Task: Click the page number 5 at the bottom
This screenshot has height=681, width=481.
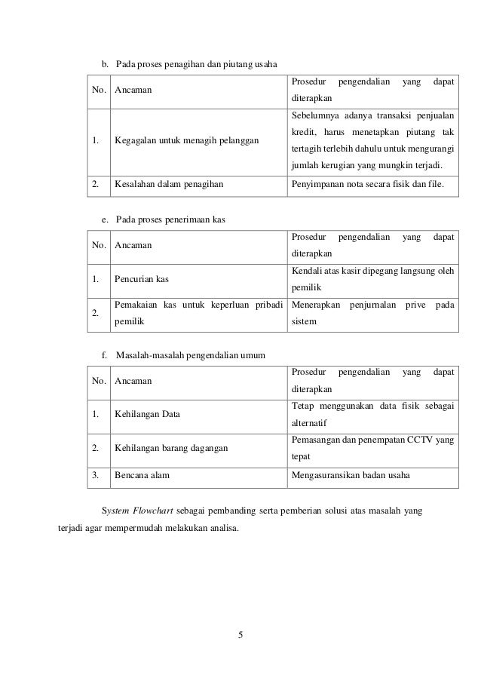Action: pos(240,633)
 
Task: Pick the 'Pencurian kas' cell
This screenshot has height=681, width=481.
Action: pos(142,279)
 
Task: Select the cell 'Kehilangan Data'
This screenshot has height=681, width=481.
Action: pos(147,414)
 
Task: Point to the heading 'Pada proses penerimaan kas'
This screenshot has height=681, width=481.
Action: pos(171,219)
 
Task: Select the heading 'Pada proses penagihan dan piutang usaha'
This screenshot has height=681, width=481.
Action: pos(196,62)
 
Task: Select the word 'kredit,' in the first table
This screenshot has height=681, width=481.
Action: pos(305,133)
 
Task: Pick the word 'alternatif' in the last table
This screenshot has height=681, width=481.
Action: pos(311,423)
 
